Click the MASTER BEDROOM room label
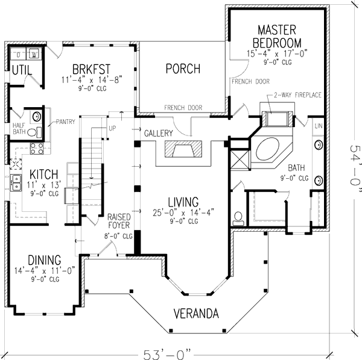tap(279, 36)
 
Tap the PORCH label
tap(182, 69)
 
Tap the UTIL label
tap(22, 71)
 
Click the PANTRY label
tap(66, 122)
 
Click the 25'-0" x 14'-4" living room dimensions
tap(185, 212)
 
